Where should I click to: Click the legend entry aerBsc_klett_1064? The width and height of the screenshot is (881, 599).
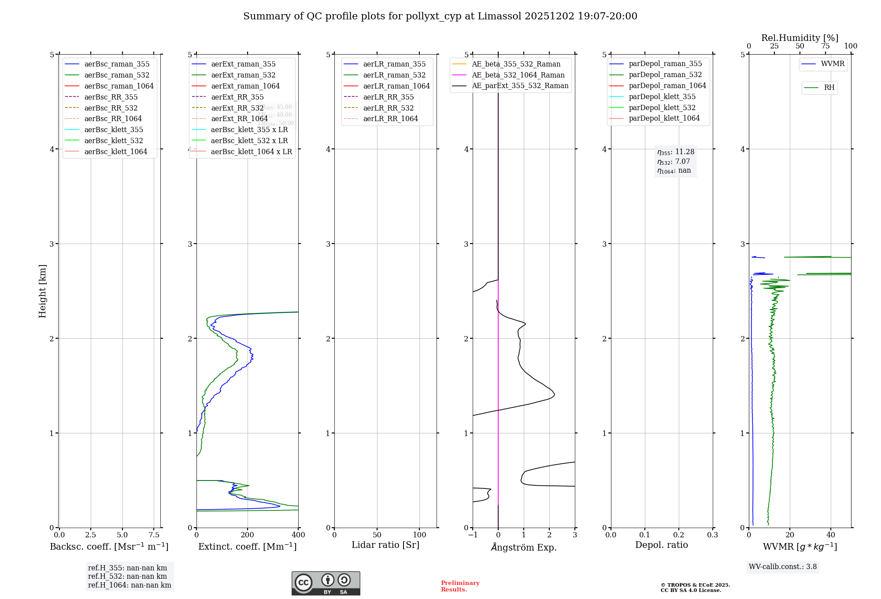115,152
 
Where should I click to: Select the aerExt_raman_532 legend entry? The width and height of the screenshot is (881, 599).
243,75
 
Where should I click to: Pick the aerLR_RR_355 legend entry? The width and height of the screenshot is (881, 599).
388,97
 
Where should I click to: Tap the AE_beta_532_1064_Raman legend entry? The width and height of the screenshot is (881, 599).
518,75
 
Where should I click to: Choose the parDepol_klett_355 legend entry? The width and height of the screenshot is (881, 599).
662,96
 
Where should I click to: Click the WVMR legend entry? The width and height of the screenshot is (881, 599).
832,64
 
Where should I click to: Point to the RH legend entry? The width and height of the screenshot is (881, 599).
829,88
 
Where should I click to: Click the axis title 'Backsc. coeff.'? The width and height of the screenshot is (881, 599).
109,547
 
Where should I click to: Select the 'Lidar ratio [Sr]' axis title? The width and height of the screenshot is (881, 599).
385,545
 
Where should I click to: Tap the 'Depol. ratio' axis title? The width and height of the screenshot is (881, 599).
661,545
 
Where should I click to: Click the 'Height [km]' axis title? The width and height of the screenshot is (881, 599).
42,291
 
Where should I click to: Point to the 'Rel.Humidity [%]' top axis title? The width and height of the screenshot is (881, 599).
800,38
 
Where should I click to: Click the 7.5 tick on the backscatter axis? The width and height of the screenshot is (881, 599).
154,535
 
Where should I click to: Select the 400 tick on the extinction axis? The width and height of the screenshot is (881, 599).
298,535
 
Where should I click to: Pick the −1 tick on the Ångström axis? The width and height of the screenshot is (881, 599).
472,535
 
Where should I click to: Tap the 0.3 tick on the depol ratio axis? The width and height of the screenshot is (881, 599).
712,535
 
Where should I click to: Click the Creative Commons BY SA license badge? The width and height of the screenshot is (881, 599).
326,583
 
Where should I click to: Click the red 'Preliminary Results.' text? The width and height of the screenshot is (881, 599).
460,586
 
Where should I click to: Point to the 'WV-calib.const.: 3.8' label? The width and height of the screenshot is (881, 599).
783,567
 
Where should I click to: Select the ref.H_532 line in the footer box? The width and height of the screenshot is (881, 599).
127,577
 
